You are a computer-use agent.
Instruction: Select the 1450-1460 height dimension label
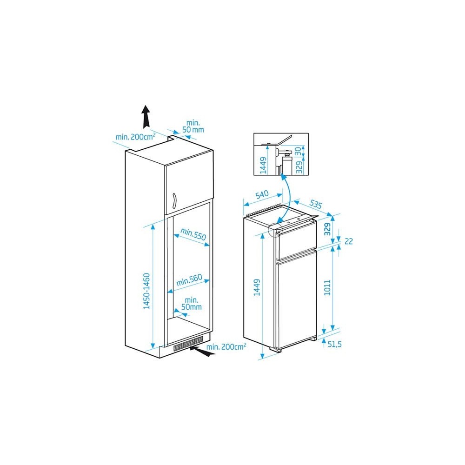[147, 291]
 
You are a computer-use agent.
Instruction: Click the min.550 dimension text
[193, 234]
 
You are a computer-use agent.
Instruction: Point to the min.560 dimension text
[189, 280]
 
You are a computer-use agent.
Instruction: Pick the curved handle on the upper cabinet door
[174, 201]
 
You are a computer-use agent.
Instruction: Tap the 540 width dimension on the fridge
[262, 195]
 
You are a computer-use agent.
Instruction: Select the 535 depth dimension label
[315, 204]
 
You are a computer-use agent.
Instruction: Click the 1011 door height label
[327, 287]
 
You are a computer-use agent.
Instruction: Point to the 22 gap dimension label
[349, 241]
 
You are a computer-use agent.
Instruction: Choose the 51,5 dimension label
[334, 344]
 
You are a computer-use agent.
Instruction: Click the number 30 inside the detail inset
[299, 151]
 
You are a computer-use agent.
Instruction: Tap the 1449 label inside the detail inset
[263, 165]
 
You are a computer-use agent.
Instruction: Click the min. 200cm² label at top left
[135, 137]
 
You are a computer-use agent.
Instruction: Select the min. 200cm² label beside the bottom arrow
[226, 346]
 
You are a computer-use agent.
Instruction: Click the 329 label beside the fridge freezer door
[327, 229]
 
